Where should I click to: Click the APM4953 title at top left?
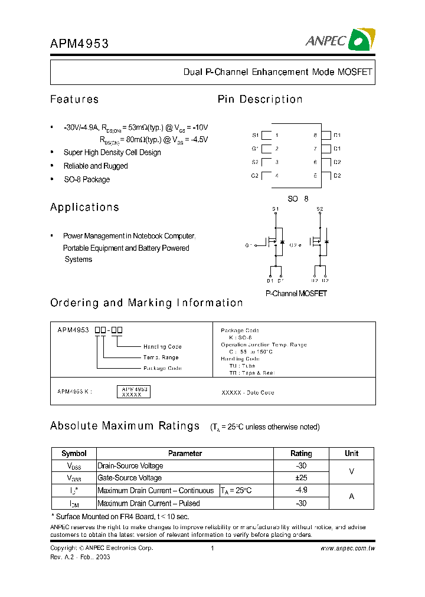click(79, 42)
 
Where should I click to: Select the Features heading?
click(74, 99)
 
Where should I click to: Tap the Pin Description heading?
click(260, 99)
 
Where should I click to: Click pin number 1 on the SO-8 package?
click(276, 135)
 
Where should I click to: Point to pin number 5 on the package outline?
click(315, 176)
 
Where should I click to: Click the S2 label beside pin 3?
click(255, 162)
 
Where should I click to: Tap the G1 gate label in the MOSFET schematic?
click(248, 245)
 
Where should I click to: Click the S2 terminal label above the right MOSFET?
click(319, 209)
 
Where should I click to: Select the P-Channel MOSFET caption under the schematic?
click(296, 293)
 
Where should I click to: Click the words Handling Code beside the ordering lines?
click(162, 347)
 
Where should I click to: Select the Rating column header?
click(301, 454)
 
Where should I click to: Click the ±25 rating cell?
click(301, 478)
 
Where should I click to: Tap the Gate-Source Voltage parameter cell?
click(130, 478)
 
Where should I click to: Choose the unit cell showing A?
click(351, 497)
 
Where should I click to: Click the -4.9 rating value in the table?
click(301, 490)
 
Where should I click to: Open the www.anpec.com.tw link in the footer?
click(348, 548)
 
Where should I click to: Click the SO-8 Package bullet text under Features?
click(87, 179)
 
